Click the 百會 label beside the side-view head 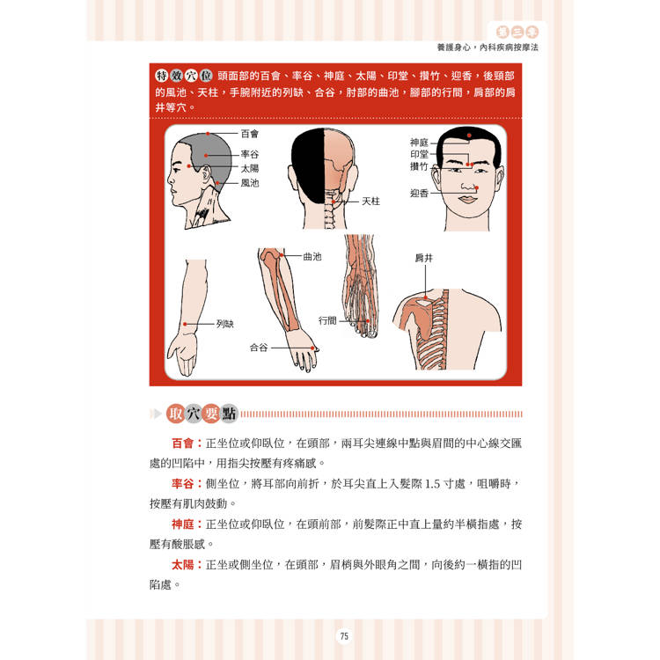(250, 134)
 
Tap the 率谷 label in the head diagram (250, 155)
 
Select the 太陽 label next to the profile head (250, 168)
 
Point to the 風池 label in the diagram (250, 183)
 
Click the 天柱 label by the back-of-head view (370, 202)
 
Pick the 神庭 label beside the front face (419, 143)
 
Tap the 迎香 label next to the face (419, 194)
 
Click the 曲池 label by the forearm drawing (312, 256)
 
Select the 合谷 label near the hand (259, 348)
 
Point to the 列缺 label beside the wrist (224, 324)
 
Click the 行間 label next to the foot (327, 320)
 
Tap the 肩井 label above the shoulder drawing (424, 258)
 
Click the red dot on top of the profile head (208, 134)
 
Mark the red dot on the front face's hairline (469, 136)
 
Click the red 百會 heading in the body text (183, 444)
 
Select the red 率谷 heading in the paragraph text (183, 484)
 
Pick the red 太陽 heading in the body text (183, 564)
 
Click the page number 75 (344, 636)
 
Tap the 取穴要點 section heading (202, 414)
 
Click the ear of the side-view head (206, 173)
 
